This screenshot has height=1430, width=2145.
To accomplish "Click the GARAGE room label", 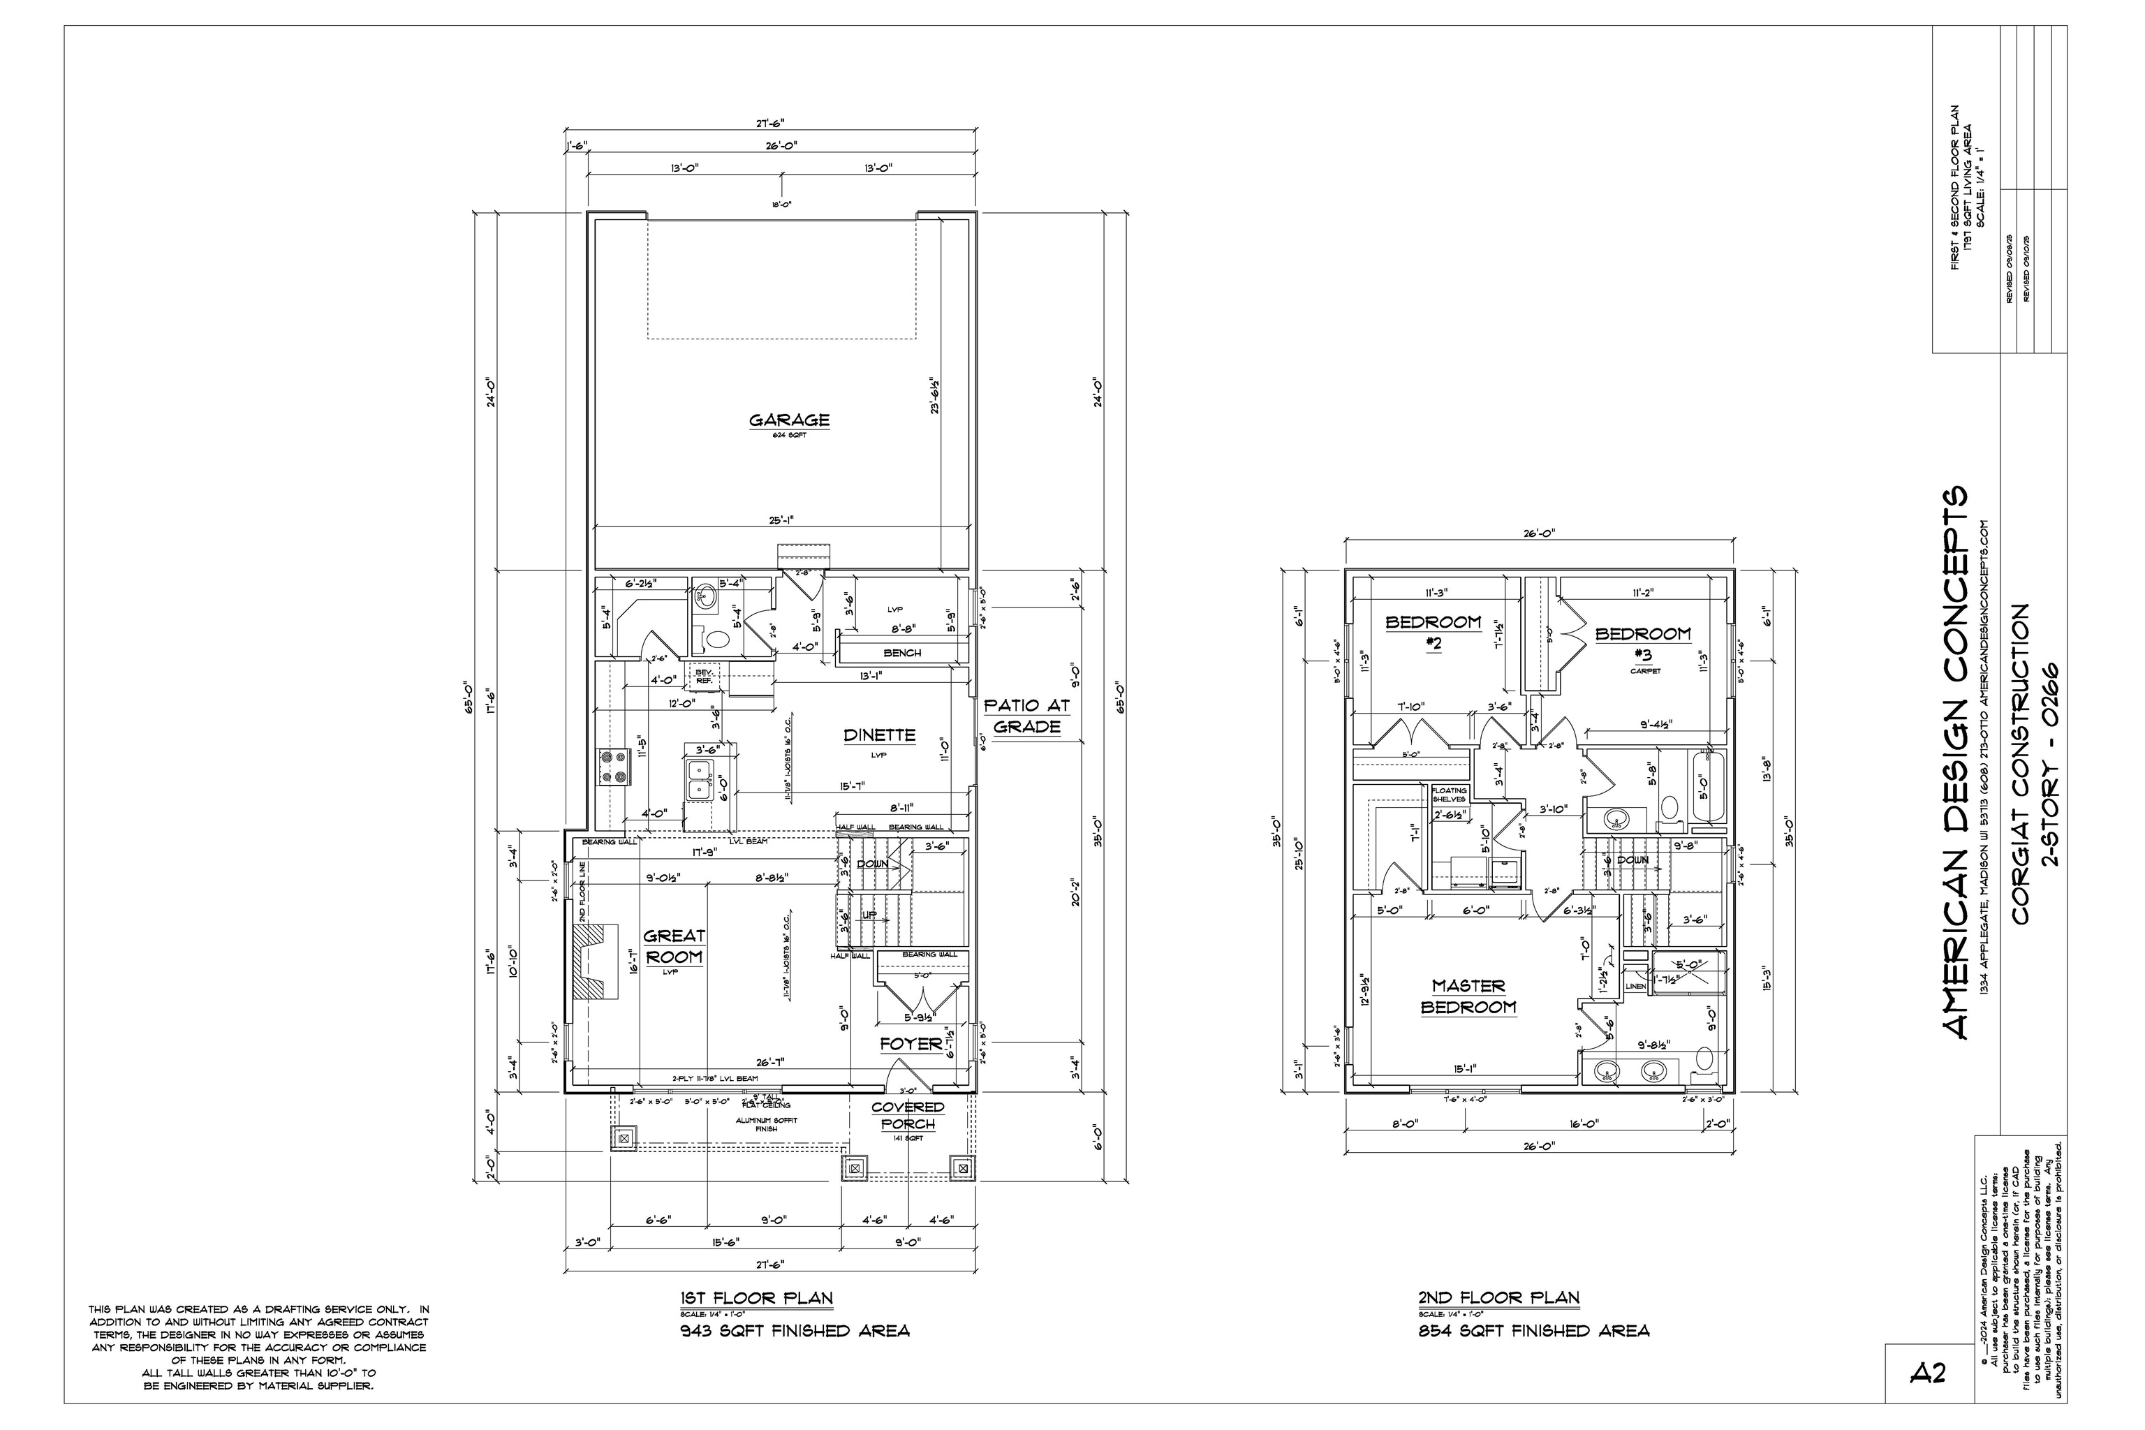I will pyautogui.click(x=789, y=420).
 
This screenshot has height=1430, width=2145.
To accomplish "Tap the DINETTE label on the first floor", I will pyautogui.click(x=878, y=735).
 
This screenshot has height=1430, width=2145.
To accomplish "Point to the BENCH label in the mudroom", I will pyautogui.click(x=902, y=653).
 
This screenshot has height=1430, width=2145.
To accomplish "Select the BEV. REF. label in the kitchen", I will pyautogui.click(x=704, y=676).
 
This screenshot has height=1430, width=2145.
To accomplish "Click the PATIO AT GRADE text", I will pyautogui.click(x=1027, y=716).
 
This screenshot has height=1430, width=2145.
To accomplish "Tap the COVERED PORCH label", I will pyautogui.click(x=908, y=1115).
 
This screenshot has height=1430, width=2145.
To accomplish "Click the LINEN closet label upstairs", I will pyautogui.click(x=1635, y=987).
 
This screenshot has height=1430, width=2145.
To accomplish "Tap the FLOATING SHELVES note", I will pyautogui.click(x=1449, y=795).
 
